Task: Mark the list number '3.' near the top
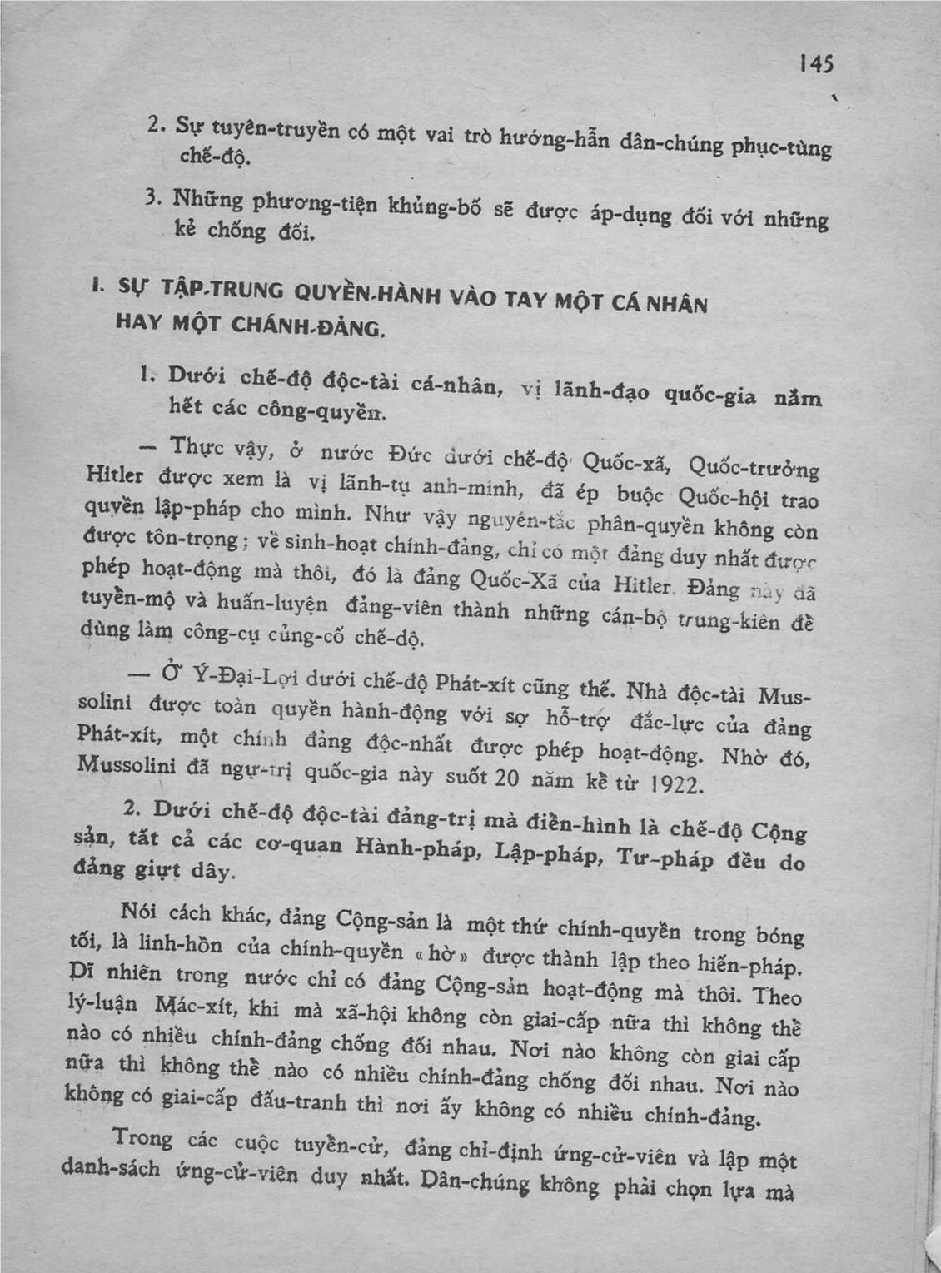click(152, 197)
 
